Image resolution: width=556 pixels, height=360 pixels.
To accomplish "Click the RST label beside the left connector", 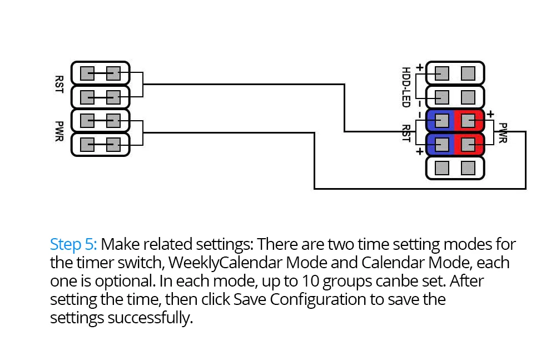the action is click(59, 85).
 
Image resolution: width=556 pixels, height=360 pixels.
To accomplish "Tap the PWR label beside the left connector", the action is click(59, 131).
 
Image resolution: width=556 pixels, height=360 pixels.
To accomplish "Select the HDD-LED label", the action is click(406, 87).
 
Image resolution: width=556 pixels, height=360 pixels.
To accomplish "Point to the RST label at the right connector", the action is click(406, 133).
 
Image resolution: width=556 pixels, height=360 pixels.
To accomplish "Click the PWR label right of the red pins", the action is click(503, 133).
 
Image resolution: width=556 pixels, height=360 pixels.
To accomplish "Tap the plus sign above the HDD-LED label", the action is click(420, 67).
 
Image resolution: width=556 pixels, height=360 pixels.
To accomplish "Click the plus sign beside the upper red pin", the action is click(490, 114).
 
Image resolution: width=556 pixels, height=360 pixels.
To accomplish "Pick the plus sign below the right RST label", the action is click(420, 151).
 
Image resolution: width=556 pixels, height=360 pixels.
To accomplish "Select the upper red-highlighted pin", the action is click(468, 121).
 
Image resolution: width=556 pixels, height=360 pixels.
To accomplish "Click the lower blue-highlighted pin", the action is click(442, 145).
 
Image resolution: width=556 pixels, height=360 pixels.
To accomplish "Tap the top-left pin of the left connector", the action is click(87, 73).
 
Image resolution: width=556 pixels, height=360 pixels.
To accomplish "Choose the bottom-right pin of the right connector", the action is click(468, 168).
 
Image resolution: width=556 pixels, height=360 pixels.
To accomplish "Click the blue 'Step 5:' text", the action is click(73, 245).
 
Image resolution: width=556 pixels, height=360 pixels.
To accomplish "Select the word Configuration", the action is click(317, 300).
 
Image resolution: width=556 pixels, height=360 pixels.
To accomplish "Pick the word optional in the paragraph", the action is click(126, 282).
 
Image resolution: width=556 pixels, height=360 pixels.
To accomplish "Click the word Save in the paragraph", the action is click(250, 299).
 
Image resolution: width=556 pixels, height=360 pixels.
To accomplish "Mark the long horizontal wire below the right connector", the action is click(420, 189).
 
